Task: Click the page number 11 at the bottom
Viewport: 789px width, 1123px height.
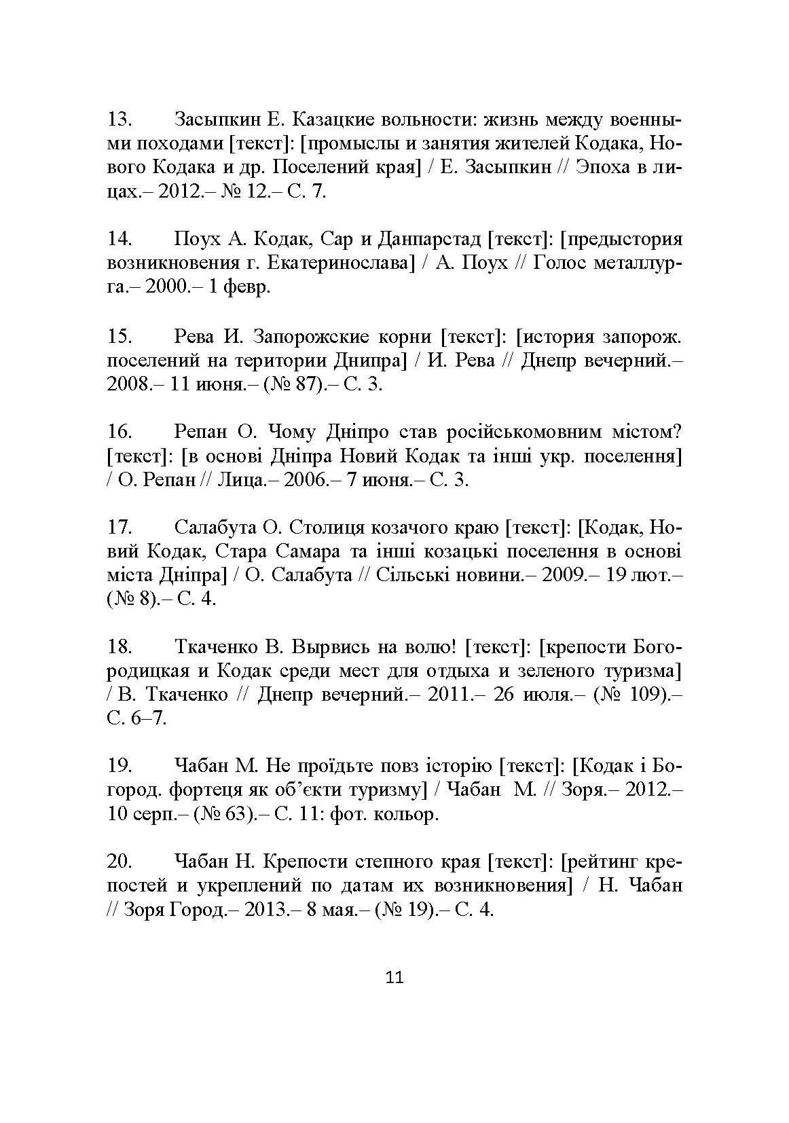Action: pos(394,978)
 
